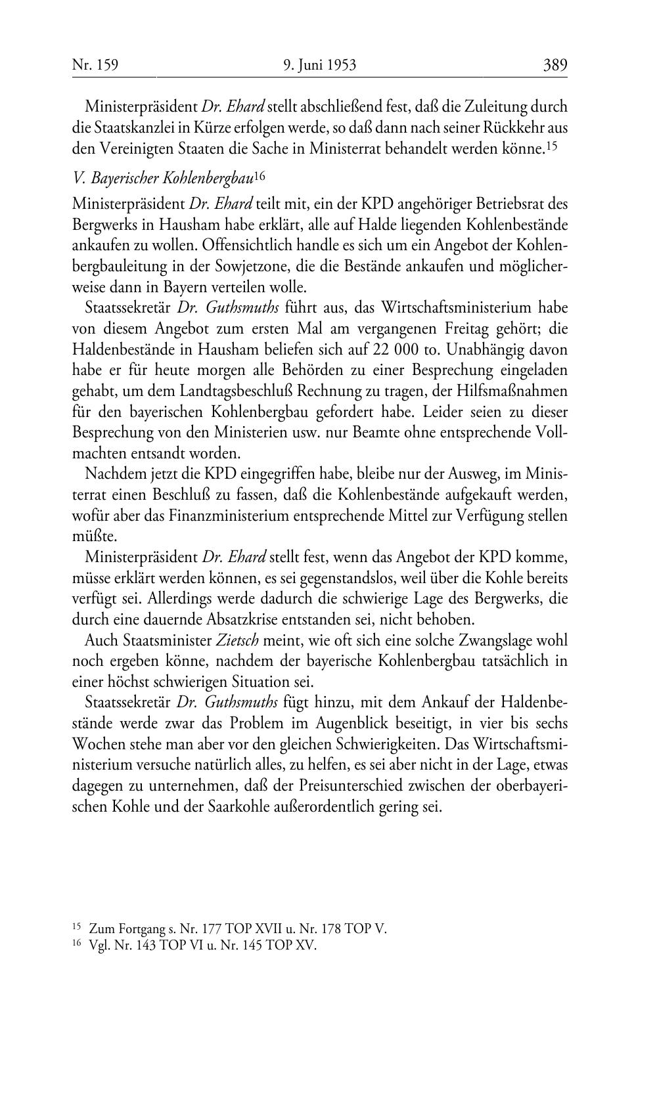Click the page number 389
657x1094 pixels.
[555, 65]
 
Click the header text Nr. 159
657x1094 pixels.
[95, 65]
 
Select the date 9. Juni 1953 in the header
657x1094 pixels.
[319, 65]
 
